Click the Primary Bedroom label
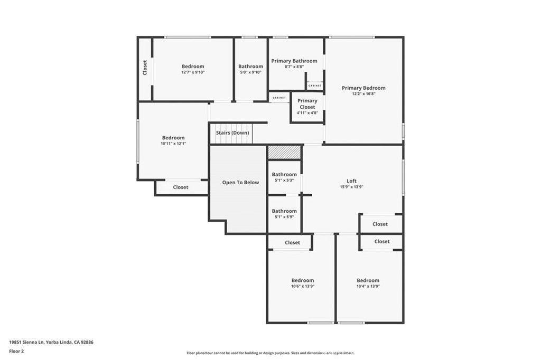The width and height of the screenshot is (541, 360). pos(363,88)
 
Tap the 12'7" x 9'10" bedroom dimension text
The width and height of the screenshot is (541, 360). pos(193,72)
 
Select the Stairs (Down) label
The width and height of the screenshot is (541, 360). pos(232,133)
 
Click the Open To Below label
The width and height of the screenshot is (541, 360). pos(240,183)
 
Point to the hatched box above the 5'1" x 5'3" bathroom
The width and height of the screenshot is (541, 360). pos(284,152)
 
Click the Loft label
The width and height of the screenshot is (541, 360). pos(351,181)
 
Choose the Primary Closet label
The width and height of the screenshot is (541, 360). pos(307,103)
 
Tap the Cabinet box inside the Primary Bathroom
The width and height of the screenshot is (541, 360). pos(315,86)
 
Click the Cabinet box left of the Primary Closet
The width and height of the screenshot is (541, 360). pos(279,98)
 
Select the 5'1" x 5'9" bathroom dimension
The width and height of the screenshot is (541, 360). pos(284,217)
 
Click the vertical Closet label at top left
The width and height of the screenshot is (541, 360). pos(145,67)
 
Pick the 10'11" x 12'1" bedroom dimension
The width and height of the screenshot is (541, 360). pos(173,144)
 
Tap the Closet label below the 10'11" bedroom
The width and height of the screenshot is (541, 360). pos(181,187)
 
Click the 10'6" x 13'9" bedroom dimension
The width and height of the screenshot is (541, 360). pos(303,286)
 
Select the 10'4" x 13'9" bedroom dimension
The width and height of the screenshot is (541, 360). pos(368,286)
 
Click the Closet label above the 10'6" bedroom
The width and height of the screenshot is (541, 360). pos(292,243)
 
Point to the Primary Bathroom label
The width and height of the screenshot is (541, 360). pos(294,61)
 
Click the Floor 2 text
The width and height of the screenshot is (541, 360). pos(16,350)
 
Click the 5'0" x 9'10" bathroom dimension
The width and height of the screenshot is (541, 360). pos(250,72)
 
